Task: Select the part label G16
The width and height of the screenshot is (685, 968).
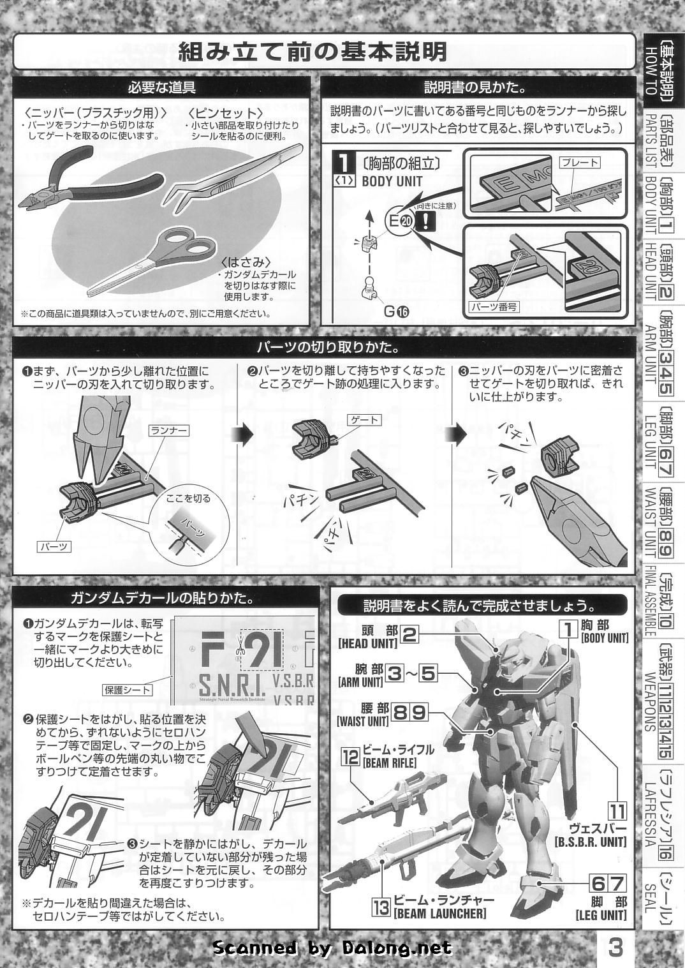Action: coord(397,311)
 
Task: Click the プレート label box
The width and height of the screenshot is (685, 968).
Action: coord(580,162)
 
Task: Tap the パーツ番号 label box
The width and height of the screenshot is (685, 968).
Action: coord(494,306)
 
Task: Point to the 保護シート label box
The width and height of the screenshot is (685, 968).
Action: coord(128,690)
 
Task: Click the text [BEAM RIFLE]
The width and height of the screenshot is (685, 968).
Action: coord(389,763)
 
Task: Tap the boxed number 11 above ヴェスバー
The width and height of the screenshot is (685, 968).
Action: coord(617,812)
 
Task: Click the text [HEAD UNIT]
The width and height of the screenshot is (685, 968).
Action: coord(367,643)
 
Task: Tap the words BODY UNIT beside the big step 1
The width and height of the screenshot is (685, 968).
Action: coord(392,181)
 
